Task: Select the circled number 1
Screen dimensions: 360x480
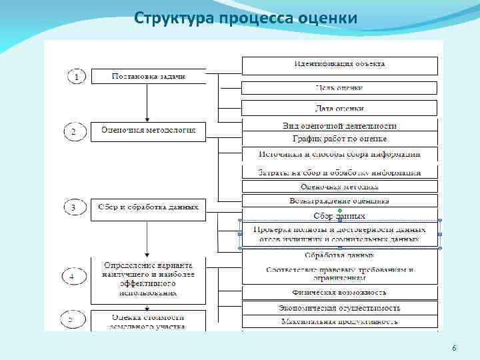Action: click(x=77, y=77)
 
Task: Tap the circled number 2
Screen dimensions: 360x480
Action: click(x=73, y=132)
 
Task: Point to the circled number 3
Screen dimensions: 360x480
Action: click(x=73, y=209)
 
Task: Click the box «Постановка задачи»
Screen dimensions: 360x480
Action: click(x=147, y=76)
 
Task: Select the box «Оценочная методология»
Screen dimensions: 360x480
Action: click(x=148, y=131)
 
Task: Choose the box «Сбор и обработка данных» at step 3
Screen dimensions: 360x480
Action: click(x=148, y=207)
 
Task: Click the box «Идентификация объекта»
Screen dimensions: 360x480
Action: click(x=339, y=65)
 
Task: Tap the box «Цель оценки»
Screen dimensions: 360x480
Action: click(x=339, y=87)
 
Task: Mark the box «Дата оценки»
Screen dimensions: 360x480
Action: click(x=339, y=108)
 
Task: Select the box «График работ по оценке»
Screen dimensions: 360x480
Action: click(x=339, y=139)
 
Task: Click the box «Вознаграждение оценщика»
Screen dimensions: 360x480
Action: click(x=339, y=201)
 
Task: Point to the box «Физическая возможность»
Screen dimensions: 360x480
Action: click(x=339, y=292)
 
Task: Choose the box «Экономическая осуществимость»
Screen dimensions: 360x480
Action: click(x=339, y=307)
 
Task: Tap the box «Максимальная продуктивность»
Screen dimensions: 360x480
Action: click(x=339, y=321)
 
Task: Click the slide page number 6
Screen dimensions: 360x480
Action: click(x=454, y=349)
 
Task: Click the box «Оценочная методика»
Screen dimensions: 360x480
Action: click(x=339, y=187)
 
